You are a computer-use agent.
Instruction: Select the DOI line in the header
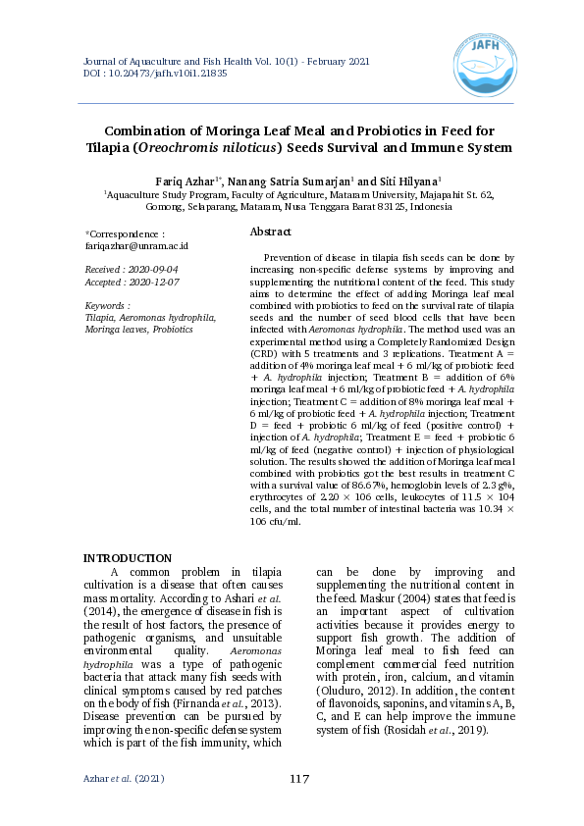[x=156, y=73]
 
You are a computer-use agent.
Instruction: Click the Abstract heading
[x=271, y=232]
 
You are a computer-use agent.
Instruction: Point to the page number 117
[x=299, y=779]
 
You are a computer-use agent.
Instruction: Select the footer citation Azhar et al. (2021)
[x=124, y=779]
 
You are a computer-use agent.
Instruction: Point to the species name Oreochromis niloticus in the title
[x=207, y=148]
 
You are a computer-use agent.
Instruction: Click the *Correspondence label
[x=125, y=234]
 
